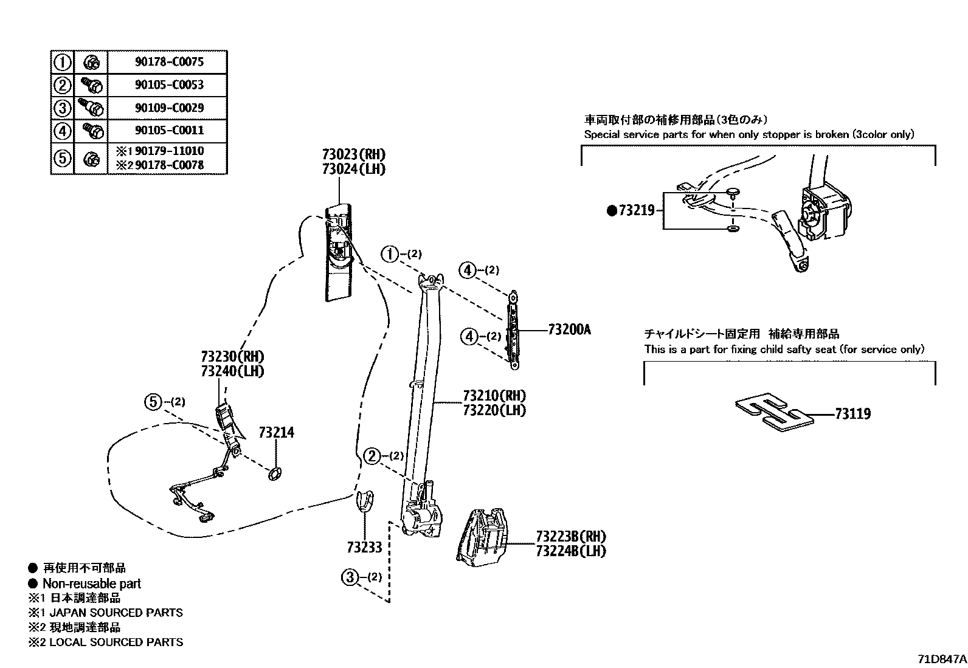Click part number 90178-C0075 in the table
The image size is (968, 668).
pyautogui.click(x=168, y=61)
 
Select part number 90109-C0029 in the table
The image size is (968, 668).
pyautogui.click(x=168, y=108)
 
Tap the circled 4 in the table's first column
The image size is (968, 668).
pyautogui.click(x=62, y=131)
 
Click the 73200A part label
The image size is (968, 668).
pyautogui.click(x=569, y=329)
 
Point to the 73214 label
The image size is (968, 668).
pyautogui.click(x=276, y=432)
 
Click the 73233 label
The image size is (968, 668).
pyautogui.click(x=364, y=547)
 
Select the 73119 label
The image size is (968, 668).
pyautogui.click(x=852, y=414)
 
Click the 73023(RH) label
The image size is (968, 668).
pyautogui.click(x=354, y=154)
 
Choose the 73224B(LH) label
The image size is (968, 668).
pyautogui.click(x=571, y=551)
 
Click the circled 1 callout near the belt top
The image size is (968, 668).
pyautogui.click(x=390, y=254)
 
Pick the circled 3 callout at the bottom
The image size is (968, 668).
pyautogui.click(x=350, y=577)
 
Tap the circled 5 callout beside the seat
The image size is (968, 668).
pyautogui.click(x=153, y=402)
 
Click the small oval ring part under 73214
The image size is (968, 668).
pyautogui.click(x=275, y=473)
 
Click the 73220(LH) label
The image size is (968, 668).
pyautogui.click(x=494, y=410)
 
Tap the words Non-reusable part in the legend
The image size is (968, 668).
pyautogui.click(x=91, y=584)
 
